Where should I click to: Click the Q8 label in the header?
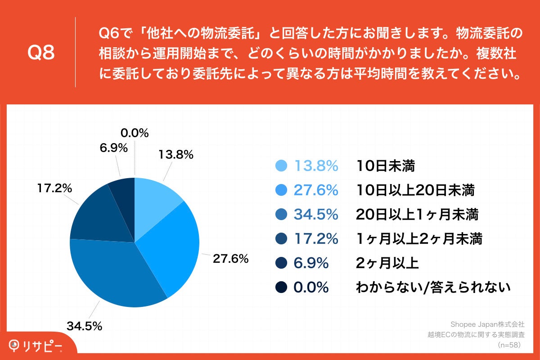click(x=41, y=53)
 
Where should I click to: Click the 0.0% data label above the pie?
click(x=135, y=133)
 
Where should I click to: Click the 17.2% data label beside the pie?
click(x=55, y=189)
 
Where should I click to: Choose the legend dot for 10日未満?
click(x=281, y=166)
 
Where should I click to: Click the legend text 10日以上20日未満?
click(x=415, y=191)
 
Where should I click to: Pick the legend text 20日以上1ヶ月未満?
click(x=417, y=215)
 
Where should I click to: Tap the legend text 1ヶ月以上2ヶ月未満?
click(x=419, y=239)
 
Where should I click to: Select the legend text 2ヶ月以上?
click(x=387, y=263)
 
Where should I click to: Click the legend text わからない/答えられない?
click(x=433, y=287)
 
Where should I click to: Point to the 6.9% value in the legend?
click(x=311, y=263)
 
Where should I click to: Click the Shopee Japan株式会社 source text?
click(x=488, y=324)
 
